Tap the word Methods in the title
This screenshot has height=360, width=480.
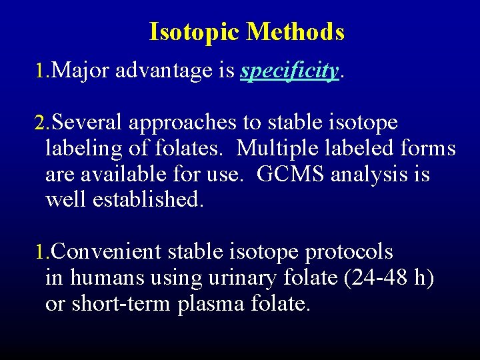(x=295, y=32)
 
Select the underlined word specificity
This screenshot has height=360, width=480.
(x=289, y=71)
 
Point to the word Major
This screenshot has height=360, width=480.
(x=80, y=71)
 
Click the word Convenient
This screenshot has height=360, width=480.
(x=106, y=252)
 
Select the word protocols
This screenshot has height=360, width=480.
(x=349, y=252)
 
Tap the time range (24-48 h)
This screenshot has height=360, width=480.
(x=389, y=278)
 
